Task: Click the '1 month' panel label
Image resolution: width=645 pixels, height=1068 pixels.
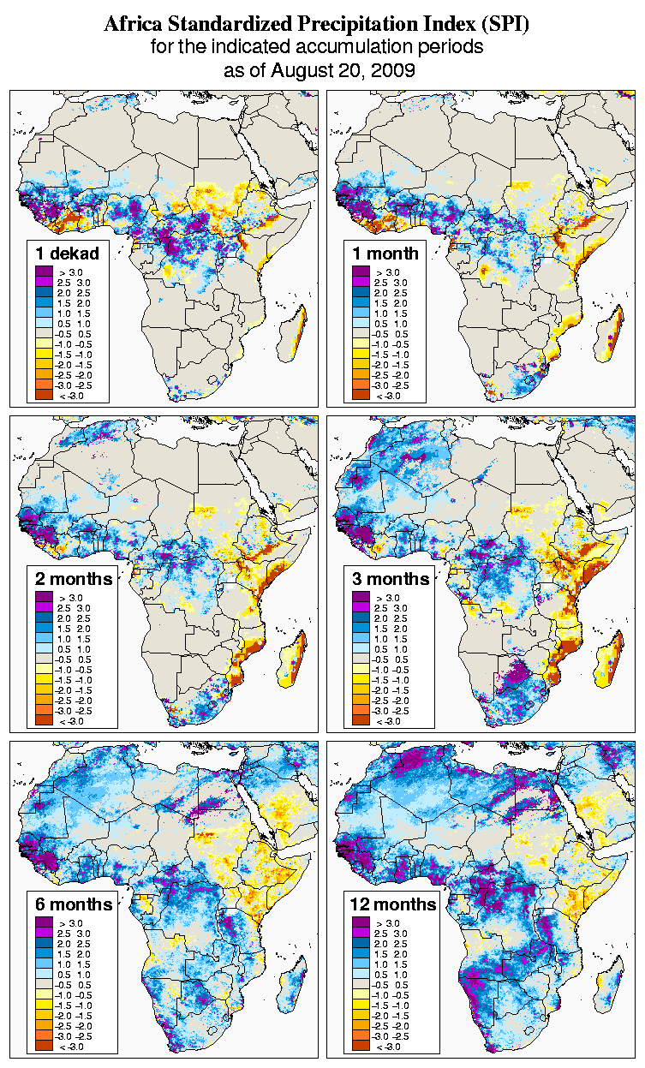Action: [385, 254]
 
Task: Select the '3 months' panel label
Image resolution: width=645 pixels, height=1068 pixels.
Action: [391, 579]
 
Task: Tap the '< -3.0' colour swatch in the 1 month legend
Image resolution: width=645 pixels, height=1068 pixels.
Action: [361, 395]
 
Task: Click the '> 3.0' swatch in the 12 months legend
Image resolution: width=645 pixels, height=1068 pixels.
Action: [361, 922]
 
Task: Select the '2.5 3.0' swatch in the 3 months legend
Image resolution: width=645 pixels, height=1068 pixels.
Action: [361, 607]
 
